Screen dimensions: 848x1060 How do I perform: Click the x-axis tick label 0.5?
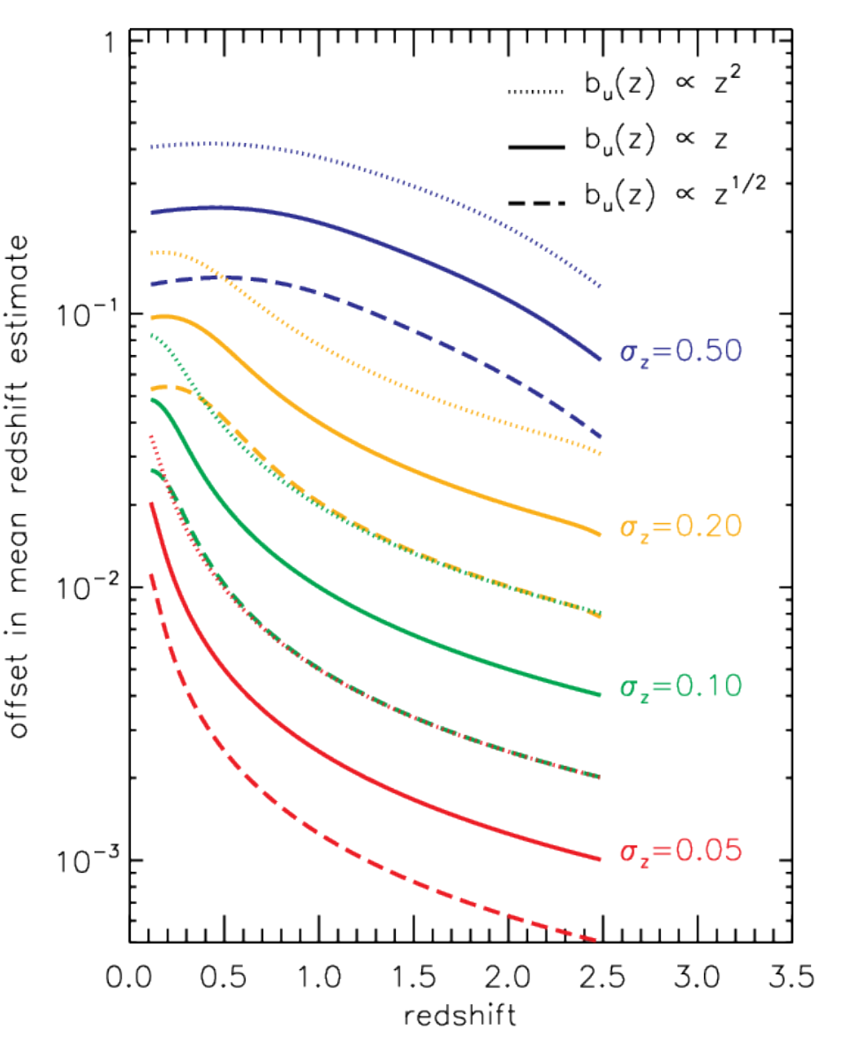[x=224, y=977]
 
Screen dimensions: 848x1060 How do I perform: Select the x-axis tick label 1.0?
[x=319, y=977]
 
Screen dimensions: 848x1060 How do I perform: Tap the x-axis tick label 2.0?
[x=508, y=977]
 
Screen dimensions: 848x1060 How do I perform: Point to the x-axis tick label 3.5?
[x=791, y=977]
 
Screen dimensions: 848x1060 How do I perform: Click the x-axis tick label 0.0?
[x=129, y=977]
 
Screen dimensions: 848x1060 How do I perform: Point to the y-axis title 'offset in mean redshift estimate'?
[x=19, y=486]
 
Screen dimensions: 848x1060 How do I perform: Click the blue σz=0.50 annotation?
[x=680, y=352]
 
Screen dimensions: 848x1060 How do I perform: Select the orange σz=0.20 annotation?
[x=680, y=527]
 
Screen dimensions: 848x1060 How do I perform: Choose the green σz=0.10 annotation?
[x=680, y=686]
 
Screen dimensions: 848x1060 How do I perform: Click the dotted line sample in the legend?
[x=535, y=92]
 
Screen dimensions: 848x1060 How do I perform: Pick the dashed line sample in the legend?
[x=535, y=202]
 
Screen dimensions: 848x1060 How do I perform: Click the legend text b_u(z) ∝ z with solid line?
[x=656, y=141]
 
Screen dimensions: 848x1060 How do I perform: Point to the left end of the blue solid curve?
[x=152, y=213]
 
